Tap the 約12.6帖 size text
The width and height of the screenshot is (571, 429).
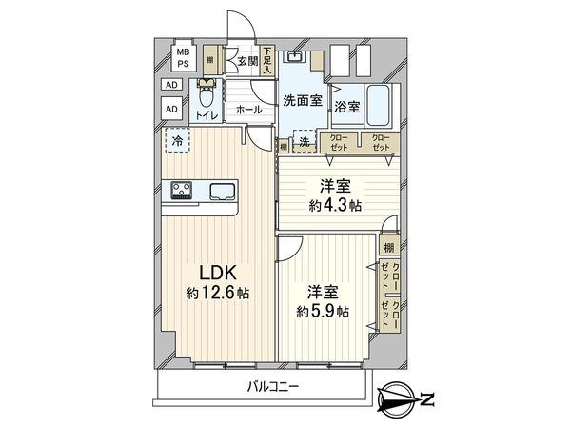pos(218,294)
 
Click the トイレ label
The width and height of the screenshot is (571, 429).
pos(207,116)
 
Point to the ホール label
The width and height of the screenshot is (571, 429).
pos(248,110)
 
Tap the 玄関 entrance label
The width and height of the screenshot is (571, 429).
pos(247,62)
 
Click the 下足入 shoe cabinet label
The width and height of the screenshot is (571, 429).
pos(269,60)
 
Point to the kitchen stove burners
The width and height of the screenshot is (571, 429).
pos(182,190)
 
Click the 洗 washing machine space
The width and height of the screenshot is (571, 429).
pos(304,142)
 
